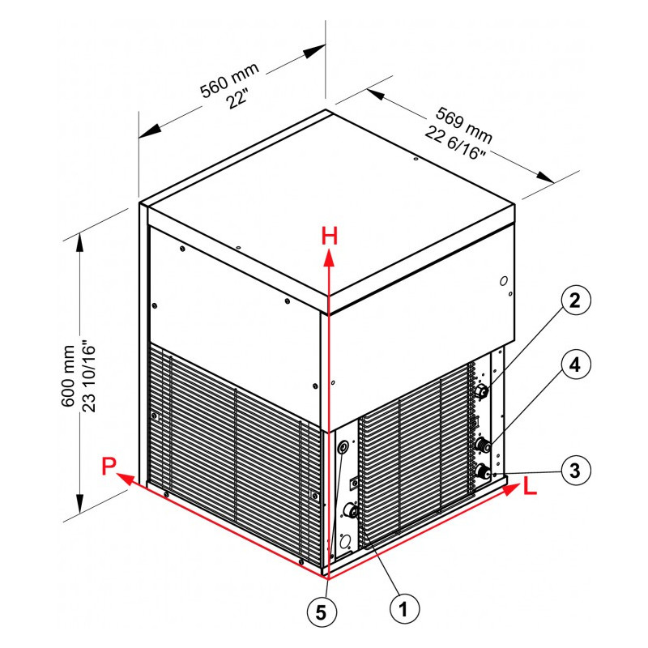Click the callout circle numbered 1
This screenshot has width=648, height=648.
coord(404,609)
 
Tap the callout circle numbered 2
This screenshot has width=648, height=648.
coord(576,301)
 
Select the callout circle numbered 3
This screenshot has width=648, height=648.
coord(576,471)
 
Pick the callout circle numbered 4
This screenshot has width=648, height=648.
coord(576,364)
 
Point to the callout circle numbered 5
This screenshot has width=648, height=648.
coord(322,612)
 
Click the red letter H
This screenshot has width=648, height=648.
coord(330,236)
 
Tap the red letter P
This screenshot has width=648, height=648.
coord(109,467)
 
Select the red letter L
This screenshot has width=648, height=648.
coord(530,485)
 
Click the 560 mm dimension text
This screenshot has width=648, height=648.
coord(229,80)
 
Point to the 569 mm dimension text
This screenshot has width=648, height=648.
coord(464,125)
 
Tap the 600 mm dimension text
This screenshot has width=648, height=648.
coord(68,376)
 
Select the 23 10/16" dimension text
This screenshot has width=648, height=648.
coord(88,376)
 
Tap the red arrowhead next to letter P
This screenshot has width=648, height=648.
coord(126,480)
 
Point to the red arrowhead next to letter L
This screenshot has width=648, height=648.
coord(511,489)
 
